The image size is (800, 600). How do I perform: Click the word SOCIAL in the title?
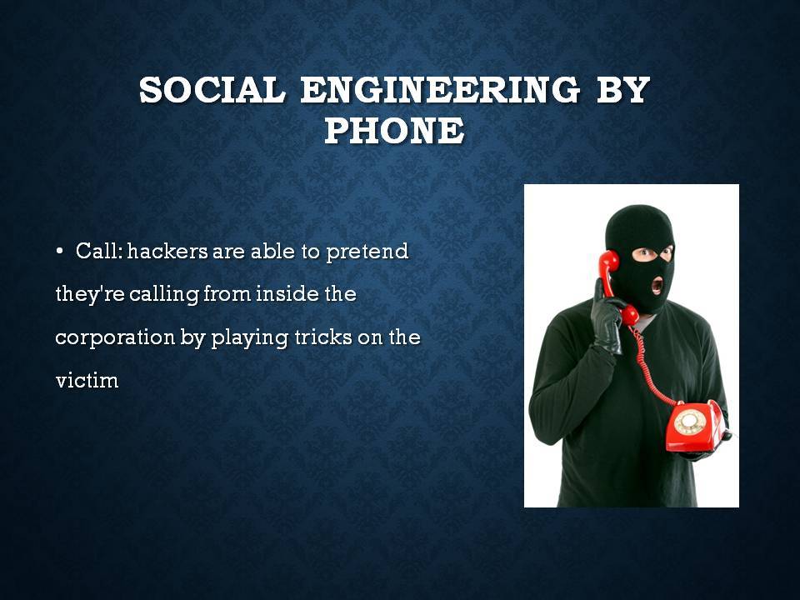click(212, 89)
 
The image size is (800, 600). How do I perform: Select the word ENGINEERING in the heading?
click(440, 89)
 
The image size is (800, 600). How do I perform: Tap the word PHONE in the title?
click(394, 130)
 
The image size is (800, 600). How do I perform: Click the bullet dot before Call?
click(60, 251)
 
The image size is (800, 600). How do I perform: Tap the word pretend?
click(367, 252)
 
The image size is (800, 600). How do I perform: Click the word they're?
click(90, 295)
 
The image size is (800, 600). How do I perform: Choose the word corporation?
click(115, 338)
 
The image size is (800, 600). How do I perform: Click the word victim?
click(87, 381)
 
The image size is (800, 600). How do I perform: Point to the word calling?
click(164, 295)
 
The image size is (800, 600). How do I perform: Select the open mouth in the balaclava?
click(657, 285)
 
